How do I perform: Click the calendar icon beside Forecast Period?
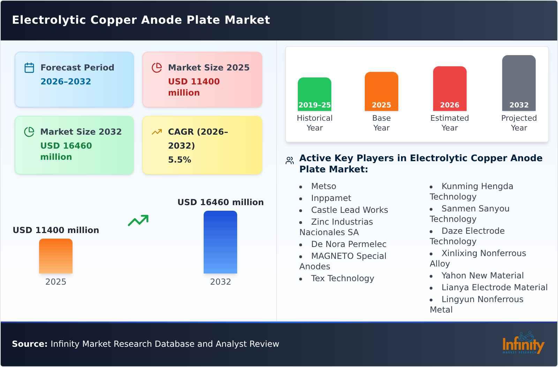(29, 68)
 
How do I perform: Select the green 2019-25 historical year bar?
(314, 94)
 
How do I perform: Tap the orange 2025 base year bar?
(381, 91)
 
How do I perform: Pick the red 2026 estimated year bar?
(450, 89)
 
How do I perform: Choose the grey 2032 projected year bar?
(519, 83)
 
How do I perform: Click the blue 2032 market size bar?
(220, 242)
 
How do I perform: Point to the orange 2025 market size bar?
(56, 256)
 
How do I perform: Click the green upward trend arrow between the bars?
(138, 220)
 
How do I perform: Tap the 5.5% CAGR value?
(180, 160)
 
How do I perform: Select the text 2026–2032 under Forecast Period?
(66, 82)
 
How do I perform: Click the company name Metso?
(324, 186)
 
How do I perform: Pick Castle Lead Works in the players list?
(349, 210)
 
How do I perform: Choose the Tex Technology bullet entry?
(342, 278)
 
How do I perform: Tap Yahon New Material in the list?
(482, 276)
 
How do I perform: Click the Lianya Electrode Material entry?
(494, 287)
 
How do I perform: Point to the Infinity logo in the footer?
(523, 344)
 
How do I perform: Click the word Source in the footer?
(29, 344)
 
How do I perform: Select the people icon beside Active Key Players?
(289, 160)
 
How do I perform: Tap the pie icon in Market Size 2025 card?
(157, 68)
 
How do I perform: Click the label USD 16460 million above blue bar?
(220, 202)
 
